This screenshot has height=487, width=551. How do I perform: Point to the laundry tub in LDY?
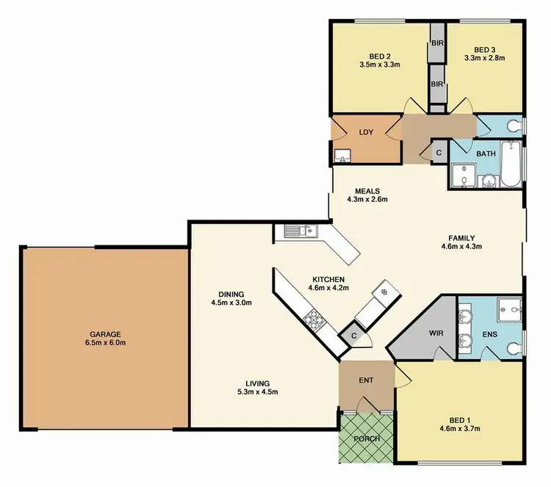tap(340, 155)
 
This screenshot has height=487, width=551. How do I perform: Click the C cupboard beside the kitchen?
tap(353, 336)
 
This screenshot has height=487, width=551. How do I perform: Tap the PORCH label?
tap(365, 439)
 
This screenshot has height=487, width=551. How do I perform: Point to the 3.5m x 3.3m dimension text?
tap(380, 64)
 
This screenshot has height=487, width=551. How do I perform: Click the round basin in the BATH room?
tap(489, 181)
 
